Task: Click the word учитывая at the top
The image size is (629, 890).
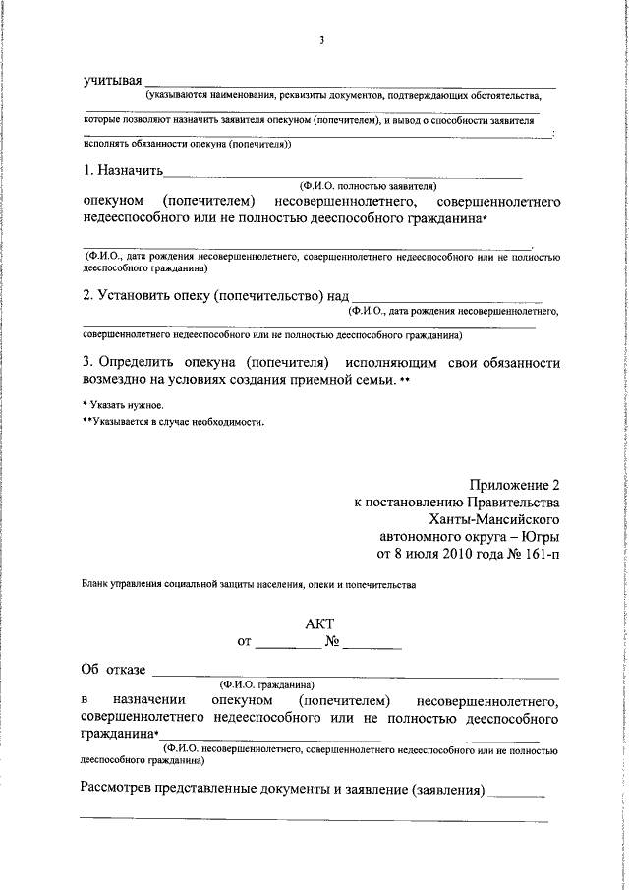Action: click(x=112, y=79)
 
